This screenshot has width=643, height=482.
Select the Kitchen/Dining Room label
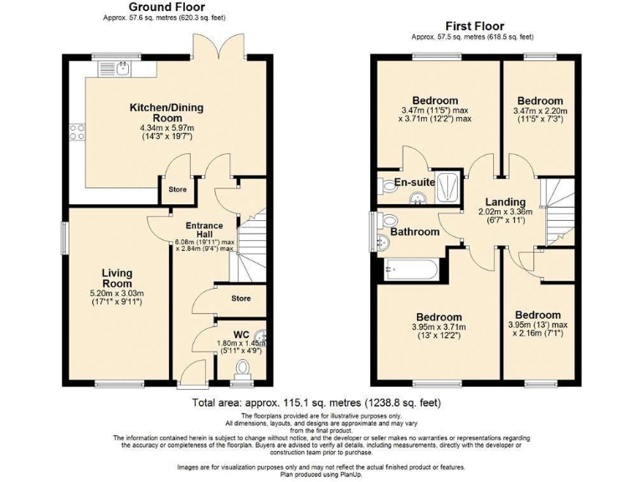pyautogui.click(x=166, y=113)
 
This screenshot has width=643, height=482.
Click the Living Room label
pyautogui.click(x=116, y=279)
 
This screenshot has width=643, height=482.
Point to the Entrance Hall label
pyautogui.click(x=204, y=231)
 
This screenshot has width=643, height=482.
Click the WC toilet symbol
pyautogui.click(x=244, y=368)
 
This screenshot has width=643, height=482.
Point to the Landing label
pyautogui.click(x=507, y=202)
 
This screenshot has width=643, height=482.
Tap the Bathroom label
pyautogui.click(x=415, y=232)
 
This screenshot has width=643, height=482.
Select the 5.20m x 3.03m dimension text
pyautogui.click(x=116, y=293)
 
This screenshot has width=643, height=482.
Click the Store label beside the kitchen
pyautogui.click(x=177, y=189)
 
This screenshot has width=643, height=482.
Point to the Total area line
pyautogui.click(x=321, y=404)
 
